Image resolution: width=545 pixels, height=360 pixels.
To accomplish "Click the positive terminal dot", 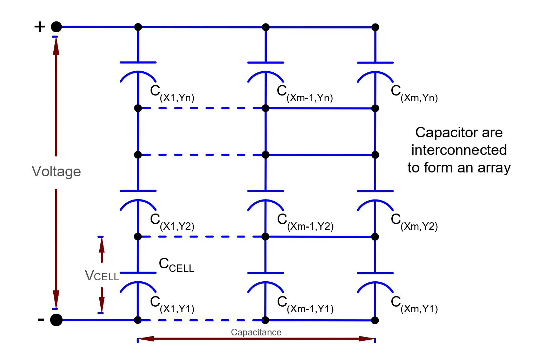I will pos(56,27).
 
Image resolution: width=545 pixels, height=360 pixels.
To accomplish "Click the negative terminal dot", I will pos(56,320).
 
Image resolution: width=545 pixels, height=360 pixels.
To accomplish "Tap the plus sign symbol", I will pos(40,27).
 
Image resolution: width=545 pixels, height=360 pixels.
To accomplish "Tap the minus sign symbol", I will pos(41,319).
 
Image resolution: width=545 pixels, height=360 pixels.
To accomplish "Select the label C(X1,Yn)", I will pos(172,93).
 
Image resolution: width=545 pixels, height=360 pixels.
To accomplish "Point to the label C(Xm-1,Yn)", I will pos(305,93).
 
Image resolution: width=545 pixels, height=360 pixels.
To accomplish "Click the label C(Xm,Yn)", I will pos(414,93).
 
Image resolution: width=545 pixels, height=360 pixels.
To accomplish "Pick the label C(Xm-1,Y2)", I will pos(305,222).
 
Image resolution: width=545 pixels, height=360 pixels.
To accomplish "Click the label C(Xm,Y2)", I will pos(414,222).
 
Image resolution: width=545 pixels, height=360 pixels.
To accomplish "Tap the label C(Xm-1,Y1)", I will pos(305,304).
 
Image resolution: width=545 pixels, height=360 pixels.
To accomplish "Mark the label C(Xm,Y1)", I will pos(414,304).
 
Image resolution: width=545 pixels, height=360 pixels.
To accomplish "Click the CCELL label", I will pos(176,265).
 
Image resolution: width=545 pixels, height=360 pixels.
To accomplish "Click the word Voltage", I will pos(56,171).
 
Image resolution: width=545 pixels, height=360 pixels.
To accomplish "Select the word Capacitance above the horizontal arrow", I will pos(256,332).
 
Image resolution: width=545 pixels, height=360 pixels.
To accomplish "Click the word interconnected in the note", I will pos(459,150).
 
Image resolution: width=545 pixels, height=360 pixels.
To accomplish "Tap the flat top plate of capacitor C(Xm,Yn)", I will pos(375,63).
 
